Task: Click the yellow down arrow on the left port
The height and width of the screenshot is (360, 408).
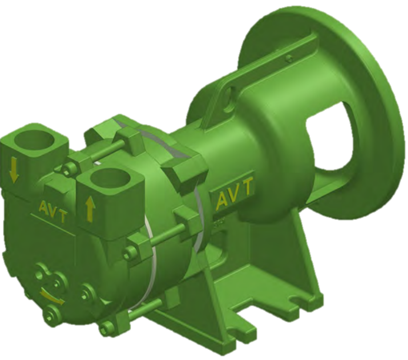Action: point(14,170)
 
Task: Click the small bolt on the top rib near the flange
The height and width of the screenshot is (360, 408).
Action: point(287,58)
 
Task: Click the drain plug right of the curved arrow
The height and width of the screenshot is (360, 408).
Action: point(88,291)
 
